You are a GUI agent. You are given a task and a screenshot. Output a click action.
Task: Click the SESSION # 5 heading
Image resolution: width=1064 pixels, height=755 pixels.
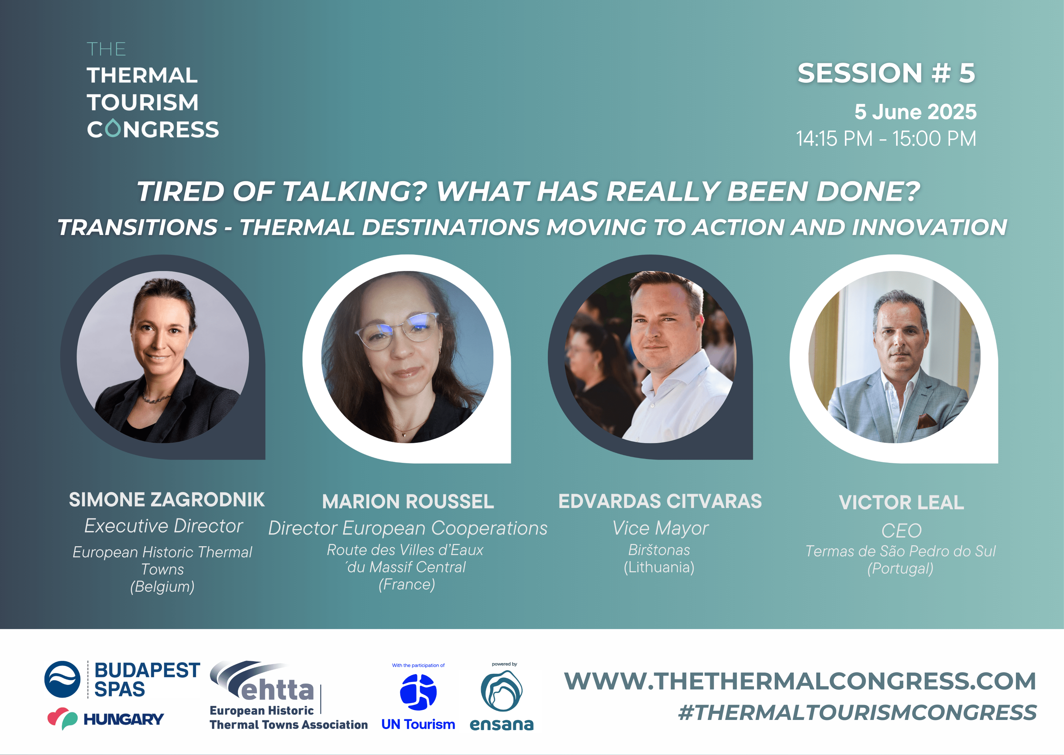(886, 73)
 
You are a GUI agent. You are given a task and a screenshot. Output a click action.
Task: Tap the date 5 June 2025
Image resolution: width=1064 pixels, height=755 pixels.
(915, 112)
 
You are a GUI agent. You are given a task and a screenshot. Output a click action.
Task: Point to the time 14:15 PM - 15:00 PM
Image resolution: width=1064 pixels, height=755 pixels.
(886, 139)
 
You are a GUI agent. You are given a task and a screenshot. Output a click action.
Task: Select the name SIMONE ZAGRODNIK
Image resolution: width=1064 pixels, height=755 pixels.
(167, 500)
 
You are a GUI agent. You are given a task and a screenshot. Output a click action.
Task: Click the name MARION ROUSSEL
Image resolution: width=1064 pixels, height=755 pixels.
(408, 502)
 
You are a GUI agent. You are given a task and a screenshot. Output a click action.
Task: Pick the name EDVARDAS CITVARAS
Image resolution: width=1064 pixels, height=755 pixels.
(660, 501)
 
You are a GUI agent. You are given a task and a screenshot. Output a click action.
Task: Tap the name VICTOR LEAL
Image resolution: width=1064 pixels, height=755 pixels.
(901, 503)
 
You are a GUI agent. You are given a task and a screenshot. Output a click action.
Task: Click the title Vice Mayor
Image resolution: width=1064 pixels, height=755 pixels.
(660, 528)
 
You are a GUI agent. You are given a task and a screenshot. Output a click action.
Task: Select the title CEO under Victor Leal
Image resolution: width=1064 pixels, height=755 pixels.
(901, 531)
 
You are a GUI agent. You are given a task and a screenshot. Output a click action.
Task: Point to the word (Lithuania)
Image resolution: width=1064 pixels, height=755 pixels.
(659, 567)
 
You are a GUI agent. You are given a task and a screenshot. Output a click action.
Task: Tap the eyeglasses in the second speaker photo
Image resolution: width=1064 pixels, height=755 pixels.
(396, 331)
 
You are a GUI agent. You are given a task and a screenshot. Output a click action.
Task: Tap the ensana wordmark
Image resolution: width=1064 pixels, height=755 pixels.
(502, 724)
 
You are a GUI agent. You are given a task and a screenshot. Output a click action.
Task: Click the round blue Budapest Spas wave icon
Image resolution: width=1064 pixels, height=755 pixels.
(62, 679)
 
